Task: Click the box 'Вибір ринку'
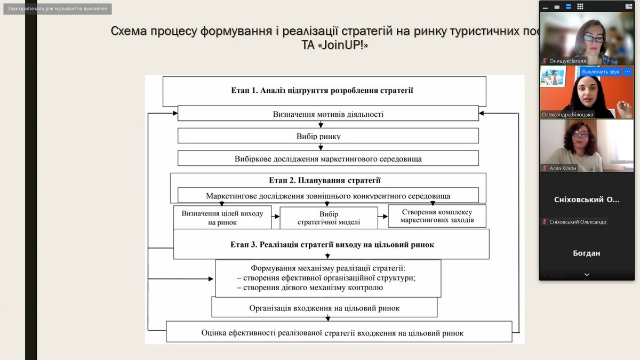coord(318,136)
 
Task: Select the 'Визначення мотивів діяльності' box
coord(328,114)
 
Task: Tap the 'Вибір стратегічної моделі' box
coord(329,218)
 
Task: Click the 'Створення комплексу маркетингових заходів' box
coord(436,215)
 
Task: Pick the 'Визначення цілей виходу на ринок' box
coord(222,218)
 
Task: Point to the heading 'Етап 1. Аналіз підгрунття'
coord(323,90)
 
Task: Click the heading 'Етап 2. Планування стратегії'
coord(329,180)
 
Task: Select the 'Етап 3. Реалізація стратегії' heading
coord(332,245)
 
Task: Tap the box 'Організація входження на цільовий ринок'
coord(324,308)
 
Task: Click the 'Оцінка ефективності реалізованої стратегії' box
coord(332,333)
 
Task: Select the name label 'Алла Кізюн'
coord(563,168)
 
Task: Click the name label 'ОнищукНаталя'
coord(567,61)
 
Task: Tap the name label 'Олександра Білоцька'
coord(567,114)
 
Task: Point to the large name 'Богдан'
coord(586,253)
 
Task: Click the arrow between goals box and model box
coord(276,217)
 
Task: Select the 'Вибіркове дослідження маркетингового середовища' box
coord(328,158)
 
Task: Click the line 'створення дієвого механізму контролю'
coord(309,288)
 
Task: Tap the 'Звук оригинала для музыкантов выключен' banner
coord(58,9)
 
